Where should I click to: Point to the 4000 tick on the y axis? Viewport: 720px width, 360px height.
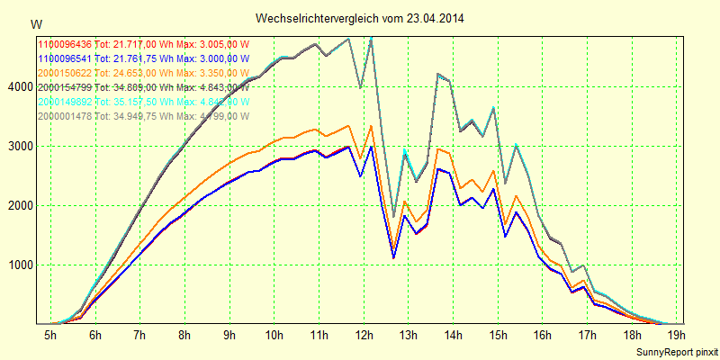19,86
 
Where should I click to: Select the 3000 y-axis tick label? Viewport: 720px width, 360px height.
19,146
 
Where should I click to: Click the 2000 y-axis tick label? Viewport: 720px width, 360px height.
19,205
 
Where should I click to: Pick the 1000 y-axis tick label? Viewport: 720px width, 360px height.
19,265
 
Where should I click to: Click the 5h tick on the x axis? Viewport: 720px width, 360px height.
50,336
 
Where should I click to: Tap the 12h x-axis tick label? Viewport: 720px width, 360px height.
364,336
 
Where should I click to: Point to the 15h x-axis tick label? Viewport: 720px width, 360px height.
498,336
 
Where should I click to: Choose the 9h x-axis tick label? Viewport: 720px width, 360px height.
229,336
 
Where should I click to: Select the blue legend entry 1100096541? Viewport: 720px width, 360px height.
64,58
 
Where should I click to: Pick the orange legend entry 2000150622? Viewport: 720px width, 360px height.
64,73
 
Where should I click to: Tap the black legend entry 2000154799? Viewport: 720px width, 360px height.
64,87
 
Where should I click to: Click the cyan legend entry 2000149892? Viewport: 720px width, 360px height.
64,102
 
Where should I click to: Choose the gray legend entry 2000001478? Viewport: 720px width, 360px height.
64,116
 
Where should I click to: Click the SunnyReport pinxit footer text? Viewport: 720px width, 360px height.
676,350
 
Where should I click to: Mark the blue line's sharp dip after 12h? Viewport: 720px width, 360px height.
393,257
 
